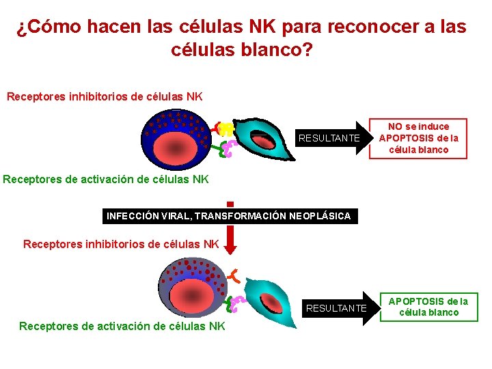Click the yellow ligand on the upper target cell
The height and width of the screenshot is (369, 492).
[226, 128]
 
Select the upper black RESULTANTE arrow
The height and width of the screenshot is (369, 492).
[332, 138]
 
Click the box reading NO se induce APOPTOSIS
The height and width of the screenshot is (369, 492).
[418, 138]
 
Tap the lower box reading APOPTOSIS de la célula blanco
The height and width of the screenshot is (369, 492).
[428, 307]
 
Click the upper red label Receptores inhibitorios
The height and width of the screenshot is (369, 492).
[104, 96]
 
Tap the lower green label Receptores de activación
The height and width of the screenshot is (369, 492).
[122, 326]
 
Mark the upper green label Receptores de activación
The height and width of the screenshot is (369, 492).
[106, 180]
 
